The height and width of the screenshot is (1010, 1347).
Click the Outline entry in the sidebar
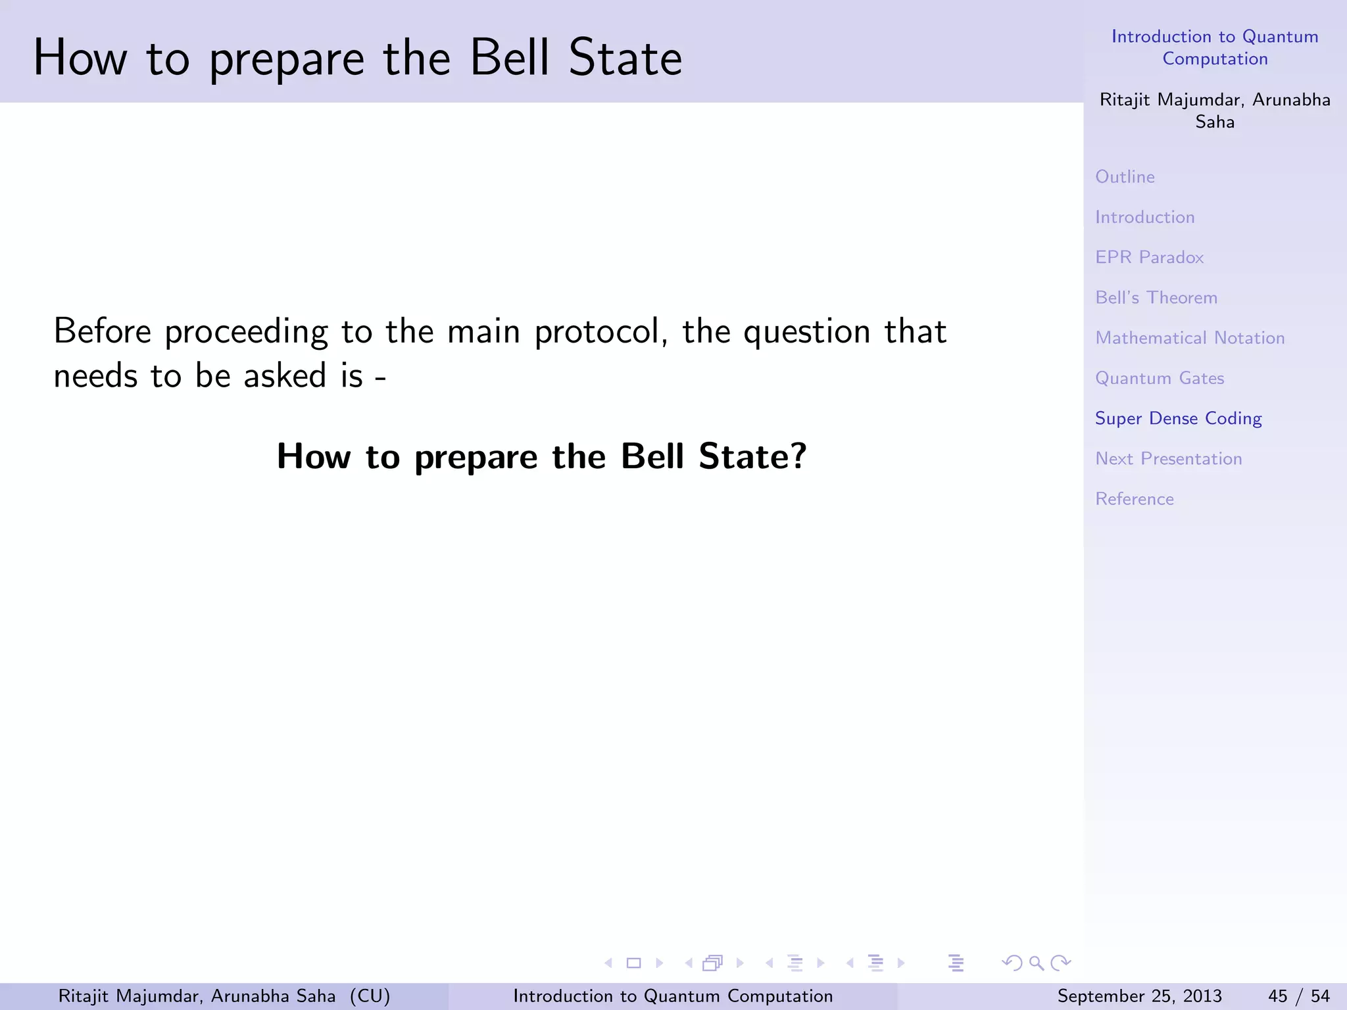[x=1125, y=177]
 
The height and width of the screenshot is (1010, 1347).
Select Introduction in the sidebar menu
[x=1144, y=217]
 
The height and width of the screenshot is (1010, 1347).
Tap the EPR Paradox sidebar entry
[x=1149, y=257]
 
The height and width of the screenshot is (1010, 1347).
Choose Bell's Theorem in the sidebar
[x=1156, y=298]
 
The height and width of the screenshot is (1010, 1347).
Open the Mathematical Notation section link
[x=1189, y=338]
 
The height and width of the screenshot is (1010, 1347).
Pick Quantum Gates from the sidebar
[x=1159, y=378]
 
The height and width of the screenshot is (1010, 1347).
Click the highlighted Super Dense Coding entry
[x=1178, y=418]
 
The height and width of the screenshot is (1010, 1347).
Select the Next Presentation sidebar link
[x=1168, y=458]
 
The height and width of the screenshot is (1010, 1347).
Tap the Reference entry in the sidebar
[x=1134, y=499]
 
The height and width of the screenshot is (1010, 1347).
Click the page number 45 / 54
[x=1298, y=996]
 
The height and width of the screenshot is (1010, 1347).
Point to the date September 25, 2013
[x=1139, y=996]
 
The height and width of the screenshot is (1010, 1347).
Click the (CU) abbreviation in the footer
[x=370, y=996]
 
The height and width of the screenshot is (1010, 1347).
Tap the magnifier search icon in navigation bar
[x=1037, y=963]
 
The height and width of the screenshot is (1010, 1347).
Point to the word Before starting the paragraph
[x=102, y=331]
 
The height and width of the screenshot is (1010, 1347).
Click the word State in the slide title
[x=625, y=58]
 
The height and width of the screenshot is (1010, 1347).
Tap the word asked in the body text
[x=285, y=376]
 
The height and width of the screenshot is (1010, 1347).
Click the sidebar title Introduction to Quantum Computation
[x=1214, y=47]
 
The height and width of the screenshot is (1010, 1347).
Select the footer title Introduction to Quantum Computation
[x=672, y=996]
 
